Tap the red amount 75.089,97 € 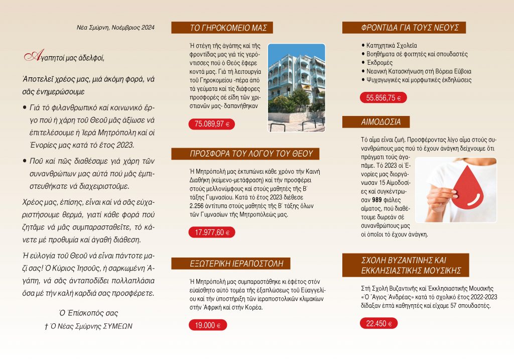211,124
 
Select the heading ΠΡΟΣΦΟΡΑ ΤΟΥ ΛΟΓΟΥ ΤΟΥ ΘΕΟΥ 251,154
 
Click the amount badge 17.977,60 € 211,232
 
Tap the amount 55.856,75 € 383,98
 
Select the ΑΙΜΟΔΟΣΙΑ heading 375,122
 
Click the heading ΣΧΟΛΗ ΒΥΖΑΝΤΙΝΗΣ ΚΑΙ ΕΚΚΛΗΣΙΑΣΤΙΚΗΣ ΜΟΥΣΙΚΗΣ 405,266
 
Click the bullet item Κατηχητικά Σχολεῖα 392,45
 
